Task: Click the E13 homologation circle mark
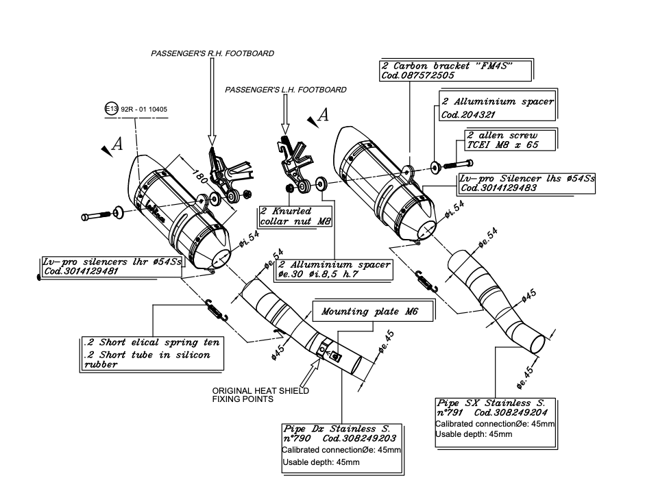(x=111, y=110)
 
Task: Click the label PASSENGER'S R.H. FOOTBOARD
(x=212, y=53)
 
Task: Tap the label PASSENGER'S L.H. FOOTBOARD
(x=286, y=90)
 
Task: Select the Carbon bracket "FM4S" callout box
(x=456, y=71)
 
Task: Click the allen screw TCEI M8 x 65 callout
(x=510, y=140)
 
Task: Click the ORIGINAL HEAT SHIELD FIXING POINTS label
(x=260, y=394)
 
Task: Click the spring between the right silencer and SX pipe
(x=424, y=276)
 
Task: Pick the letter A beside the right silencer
(x=323, y=116)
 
